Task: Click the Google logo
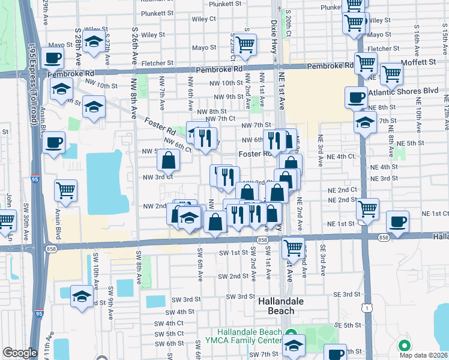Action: pos(20,353)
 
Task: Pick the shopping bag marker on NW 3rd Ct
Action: pos(168,160)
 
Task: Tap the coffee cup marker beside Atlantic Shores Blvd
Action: pos(356,97)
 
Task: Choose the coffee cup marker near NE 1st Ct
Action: pos(397,221)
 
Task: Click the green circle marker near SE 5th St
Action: pos(404,346)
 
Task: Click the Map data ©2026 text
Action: pos(424,355)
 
